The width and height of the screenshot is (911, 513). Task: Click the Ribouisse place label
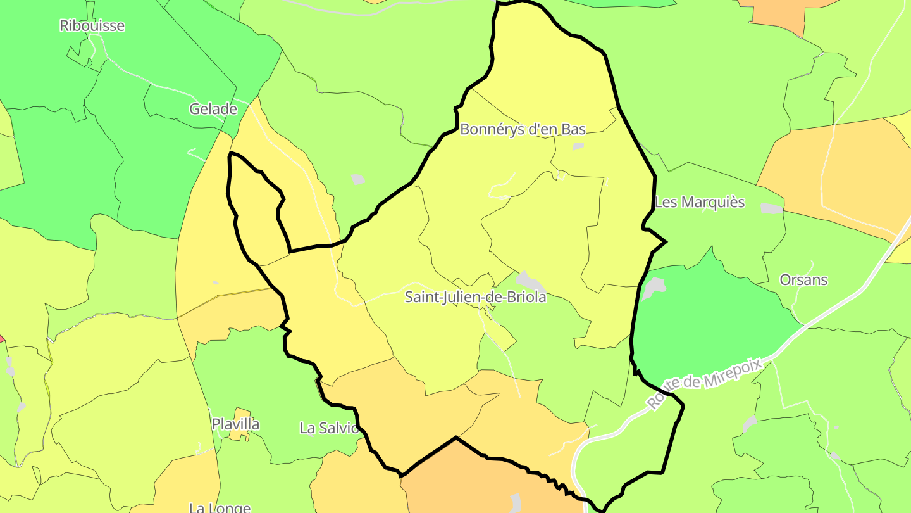pyautogui.click(x=92, y=26)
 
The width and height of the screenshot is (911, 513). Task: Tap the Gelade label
pyautogui.click(x=213, y=109)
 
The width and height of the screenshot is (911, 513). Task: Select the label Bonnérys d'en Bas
pyautogui.click(x=523, y=129)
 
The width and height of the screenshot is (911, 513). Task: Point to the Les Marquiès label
pyautogui.click(x=700, y=203)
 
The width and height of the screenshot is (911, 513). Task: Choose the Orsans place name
pyautogui.click(x=803, y=280)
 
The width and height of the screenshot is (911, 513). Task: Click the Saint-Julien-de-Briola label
pyautogui.click(x=475, y=297)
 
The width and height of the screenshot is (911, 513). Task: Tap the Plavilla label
pyautogui.click(x=235, y=424)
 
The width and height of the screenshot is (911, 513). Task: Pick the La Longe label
pyautogui.click(x=220, y=507)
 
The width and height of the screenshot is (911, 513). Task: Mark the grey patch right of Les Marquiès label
pyautogui.click(x=771, y=208)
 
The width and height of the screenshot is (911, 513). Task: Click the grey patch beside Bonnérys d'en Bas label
pyautogui.click(x=578, y=146)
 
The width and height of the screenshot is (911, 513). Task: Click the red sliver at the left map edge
pyautogui.click(x=1, y=339)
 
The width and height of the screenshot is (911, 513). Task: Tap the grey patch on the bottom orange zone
pyautogui.click(x=516, y=502)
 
